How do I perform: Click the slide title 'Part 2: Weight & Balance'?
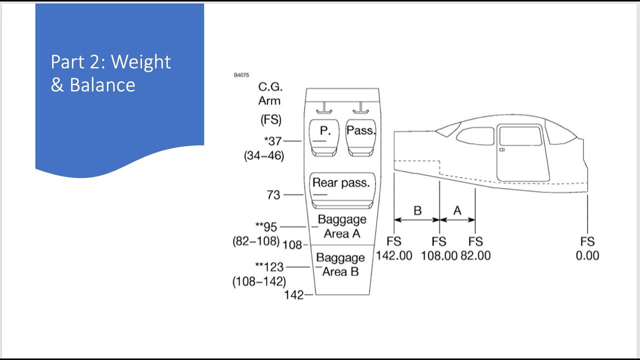tap(111, 73)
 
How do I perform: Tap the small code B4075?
tap(241, 75)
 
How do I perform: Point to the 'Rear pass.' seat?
tap(341, 190)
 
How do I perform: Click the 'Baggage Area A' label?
tap(342, 226)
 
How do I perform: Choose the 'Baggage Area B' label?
tap(340, 265)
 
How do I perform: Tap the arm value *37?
tap(273, 141)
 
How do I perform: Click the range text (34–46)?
tap(264, 156)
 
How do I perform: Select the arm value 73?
tap(273, 195)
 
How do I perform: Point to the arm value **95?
tap(266, 227)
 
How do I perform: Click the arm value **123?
tap(269, 267)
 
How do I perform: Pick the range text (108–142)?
tap(259, 281)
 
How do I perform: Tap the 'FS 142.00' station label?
tap(394, 248)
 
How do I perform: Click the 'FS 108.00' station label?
tap(439, 248)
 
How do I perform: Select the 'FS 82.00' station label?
tap(475, 248)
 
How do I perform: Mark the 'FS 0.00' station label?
tap(587, 248)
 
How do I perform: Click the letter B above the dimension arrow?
tap(417, 210)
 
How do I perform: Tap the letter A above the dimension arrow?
tap(457, 210)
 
